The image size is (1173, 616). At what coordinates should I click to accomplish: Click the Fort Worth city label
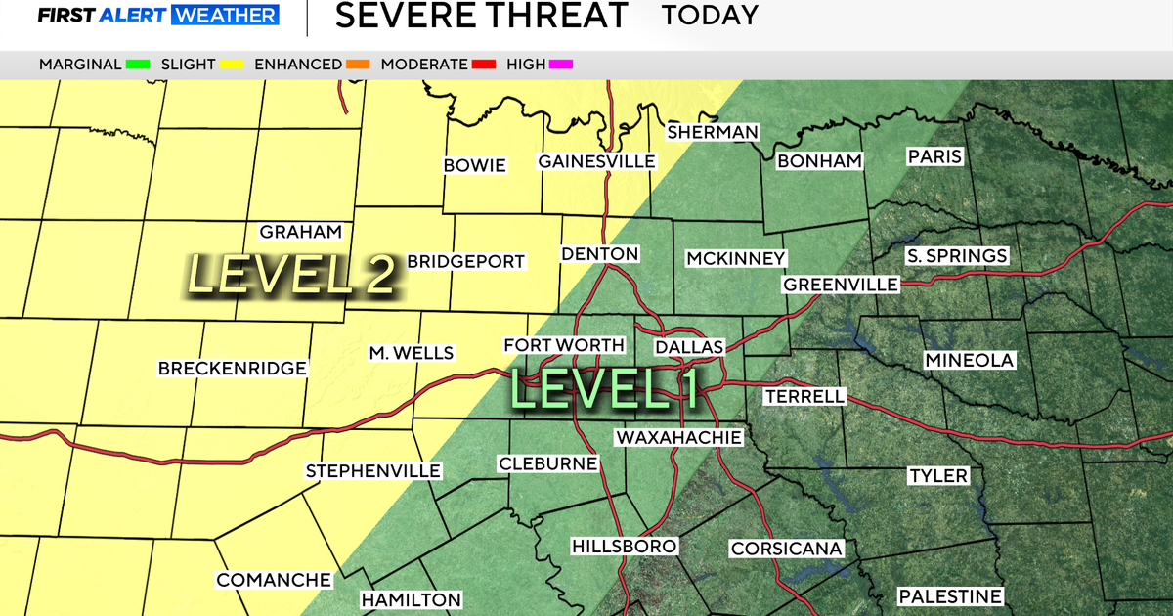click(x=563, y=345)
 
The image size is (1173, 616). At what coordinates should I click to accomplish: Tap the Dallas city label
click(x=689, y=348)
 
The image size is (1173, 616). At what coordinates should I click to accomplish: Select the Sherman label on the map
click(x=712, y=132)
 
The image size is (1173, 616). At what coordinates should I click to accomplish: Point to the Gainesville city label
click(x=596, y=161)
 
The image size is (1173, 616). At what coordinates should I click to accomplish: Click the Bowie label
click(x=475, y=165)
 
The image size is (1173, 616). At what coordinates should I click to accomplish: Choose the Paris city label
click(x=935, y=156)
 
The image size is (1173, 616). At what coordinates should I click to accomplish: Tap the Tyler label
click(x=937, y=476)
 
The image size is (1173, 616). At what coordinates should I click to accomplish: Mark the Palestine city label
click(x=950, y=596)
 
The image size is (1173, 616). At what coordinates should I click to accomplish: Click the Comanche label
click(x=274, y=580)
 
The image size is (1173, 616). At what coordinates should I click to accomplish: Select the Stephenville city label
click(x=373, y=471)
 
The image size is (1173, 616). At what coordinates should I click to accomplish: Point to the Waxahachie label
click(x=678, y=437)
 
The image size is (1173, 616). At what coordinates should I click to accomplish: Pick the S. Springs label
click(x=956, y=256)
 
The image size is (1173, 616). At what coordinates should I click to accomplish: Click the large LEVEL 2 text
click(x=292, y=275)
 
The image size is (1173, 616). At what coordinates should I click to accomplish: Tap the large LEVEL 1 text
click(x=604, y=388)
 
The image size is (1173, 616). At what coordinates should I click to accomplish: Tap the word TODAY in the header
click(x=710, y=16)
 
